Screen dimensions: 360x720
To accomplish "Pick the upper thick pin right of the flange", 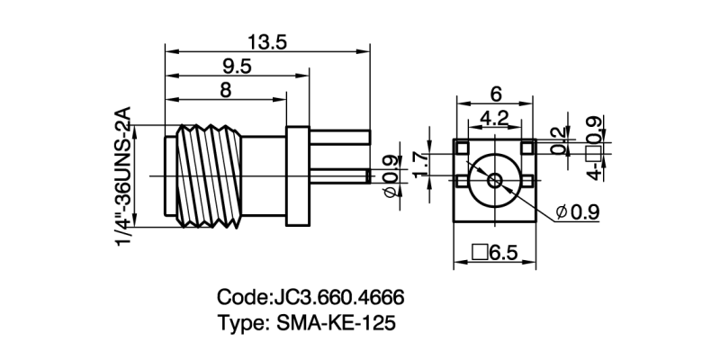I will (338, 137).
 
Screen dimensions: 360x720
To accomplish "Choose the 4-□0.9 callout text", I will (592, 148).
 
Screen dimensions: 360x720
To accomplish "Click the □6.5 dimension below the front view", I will (495, 253).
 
